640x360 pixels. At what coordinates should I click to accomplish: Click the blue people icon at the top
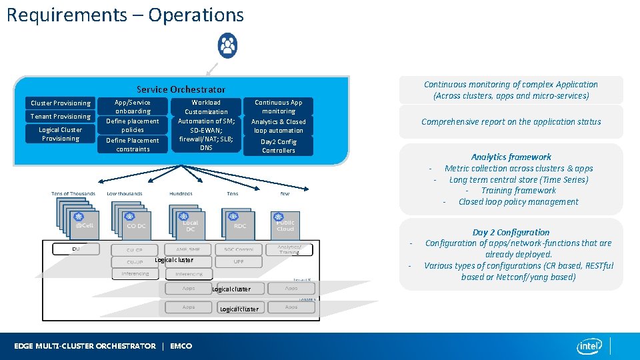tap(228, 45)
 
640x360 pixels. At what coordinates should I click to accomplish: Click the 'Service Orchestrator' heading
tap(181, 89)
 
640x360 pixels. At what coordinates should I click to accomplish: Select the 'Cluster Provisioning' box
tap(61, 103)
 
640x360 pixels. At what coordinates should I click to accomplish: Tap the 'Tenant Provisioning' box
tap(61, 117)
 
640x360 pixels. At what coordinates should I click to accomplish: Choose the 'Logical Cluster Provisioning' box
tap(61, 134)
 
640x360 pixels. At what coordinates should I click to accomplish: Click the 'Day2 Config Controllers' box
tap(278, 146)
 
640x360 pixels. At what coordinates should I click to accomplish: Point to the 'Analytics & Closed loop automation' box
tap(278, 126)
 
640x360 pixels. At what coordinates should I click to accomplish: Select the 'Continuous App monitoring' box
tap(278, 107)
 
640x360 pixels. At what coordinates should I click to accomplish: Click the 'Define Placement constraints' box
tap(133, 145)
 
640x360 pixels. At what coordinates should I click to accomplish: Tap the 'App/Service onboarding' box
tap(133, 107)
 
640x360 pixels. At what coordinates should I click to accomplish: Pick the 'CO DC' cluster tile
tap(136, 225)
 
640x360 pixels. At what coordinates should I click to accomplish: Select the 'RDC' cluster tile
tap(240, 225)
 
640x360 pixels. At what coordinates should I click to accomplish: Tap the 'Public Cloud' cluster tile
tap(285, 225)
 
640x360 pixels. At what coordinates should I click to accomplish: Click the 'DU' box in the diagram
tap(76, 249)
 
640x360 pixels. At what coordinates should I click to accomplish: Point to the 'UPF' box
tap(239, 261)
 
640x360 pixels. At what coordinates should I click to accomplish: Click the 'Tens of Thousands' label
tap(73, 194)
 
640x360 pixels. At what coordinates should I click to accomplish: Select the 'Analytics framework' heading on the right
tap(511, 157)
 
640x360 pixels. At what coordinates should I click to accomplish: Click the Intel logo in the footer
tap(590, 345)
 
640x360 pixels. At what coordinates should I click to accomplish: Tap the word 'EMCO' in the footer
tap(181, 346)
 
